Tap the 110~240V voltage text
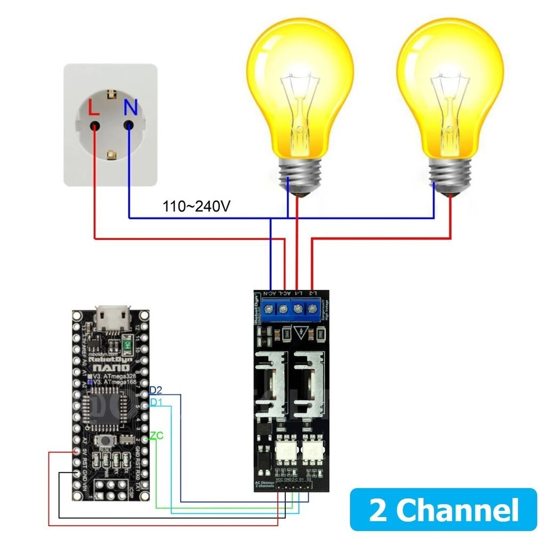197,206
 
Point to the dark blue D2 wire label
156,390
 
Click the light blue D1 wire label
156,402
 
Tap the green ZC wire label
156,436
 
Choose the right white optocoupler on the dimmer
312,452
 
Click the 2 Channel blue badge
443,510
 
